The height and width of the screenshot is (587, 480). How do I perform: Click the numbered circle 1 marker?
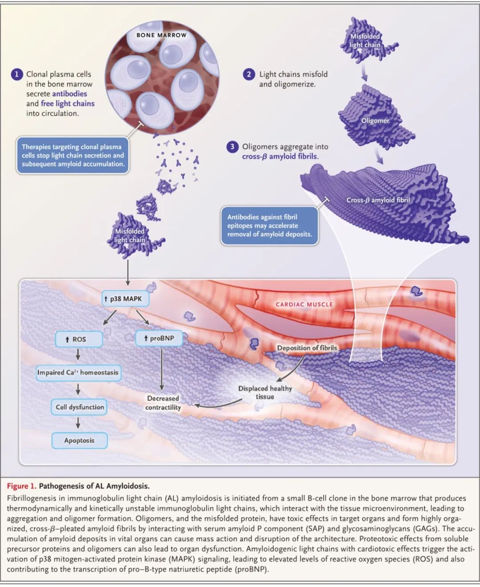(x=17, y=74)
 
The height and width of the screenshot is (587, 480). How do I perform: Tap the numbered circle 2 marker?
(x=249, y=74)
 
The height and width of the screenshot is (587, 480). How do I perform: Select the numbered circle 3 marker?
(x=232, y=147)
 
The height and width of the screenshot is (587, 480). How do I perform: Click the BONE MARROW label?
(x=161, y=35)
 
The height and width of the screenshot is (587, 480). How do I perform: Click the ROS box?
(x=79, y=339)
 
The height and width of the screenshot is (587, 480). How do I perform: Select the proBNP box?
(x=159, y=338)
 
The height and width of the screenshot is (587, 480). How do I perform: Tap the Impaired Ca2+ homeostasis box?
(x=78, y=373)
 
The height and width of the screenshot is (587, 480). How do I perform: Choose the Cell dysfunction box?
(x=80, y=407)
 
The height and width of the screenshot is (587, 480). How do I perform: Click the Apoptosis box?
(x=79, y=440)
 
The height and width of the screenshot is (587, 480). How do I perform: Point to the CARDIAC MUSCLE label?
(x=304, y=304)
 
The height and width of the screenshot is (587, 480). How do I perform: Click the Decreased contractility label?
(x=163, y=403)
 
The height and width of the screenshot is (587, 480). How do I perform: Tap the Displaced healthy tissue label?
(x=265, y=392)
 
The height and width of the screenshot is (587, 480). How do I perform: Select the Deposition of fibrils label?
(x=307, y=348)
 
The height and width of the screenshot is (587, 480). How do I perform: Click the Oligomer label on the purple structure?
(x=375, y=121)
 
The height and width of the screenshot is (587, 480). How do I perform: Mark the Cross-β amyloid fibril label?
(x=378, y=200)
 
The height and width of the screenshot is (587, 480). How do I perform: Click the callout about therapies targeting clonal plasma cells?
(x=73, y=155)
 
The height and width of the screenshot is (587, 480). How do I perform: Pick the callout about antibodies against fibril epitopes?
(x=269, y=225)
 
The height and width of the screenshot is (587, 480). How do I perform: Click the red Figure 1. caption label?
(x=21, y=486)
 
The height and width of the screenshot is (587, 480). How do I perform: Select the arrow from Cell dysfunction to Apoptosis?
(x=78, y=424)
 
